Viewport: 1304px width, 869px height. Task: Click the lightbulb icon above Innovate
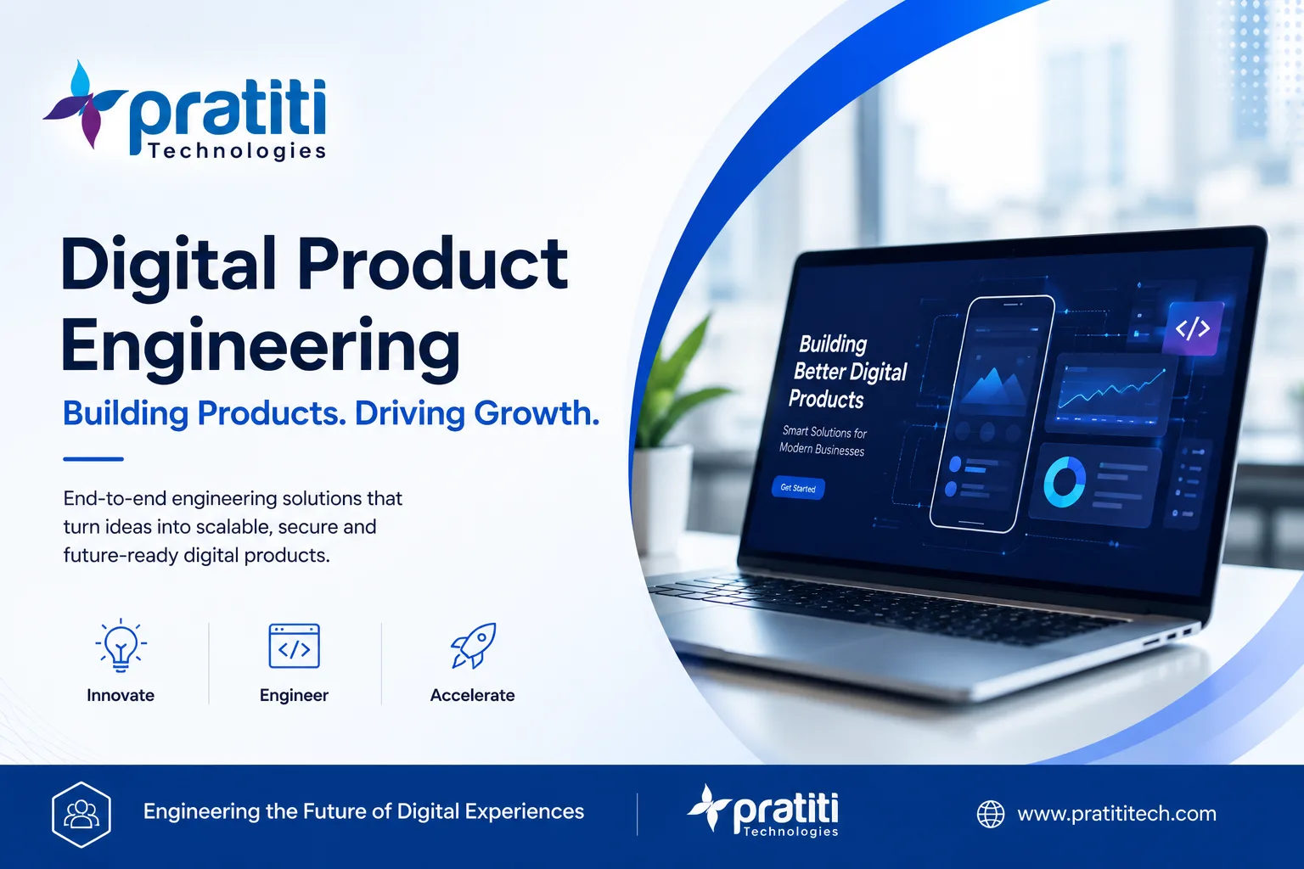[121, 646]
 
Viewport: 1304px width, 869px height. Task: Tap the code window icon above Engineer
[294, 646]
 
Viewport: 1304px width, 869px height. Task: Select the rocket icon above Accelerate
[473, 645]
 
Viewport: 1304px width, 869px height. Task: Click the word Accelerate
[472, 695]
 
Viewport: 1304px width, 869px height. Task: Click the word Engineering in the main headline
[261, 348]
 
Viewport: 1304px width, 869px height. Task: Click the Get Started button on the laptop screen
[797, 488]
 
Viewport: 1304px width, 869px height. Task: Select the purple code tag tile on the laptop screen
[1194, 328]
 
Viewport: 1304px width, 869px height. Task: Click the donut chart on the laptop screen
[1065, 483]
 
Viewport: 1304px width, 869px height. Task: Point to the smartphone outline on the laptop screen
[992, 413]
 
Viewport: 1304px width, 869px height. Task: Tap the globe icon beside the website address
[991, 814]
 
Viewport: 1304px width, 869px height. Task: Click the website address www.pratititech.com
[1116, 813]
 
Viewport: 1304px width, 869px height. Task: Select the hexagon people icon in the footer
[81, 815]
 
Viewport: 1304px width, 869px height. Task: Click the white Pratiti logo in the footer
[762, 810]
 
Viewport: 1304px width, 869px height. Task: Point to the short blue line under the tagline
[93, 459]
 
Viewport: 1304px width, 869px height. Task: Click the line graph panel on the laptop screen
[1110, 394]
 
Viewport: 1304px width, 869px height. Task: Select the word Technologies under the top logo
[237, 152]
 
